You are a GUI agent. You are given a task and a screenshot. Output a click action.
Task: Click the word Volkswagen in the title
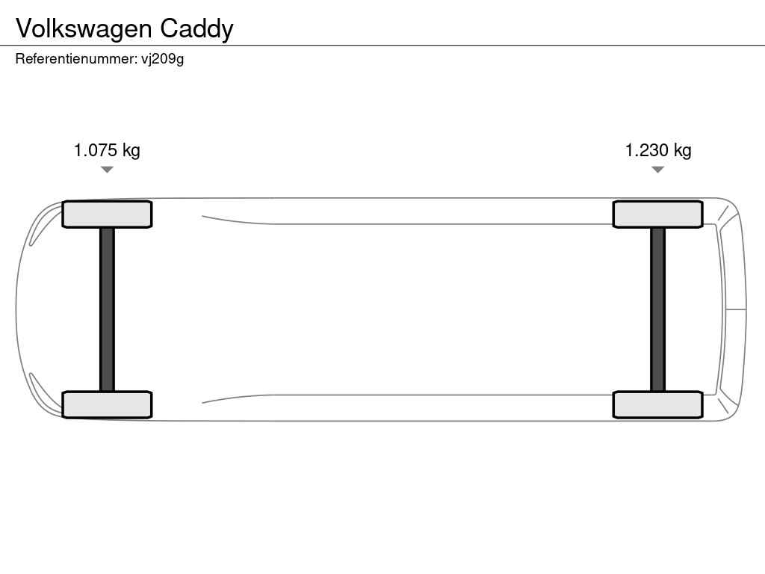[84, 30]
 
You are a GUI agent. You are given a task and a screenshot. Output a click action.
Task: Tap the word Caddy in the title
[196, 30]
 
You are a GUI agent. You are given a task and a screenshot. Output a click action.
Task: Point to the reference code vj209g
[162, 60]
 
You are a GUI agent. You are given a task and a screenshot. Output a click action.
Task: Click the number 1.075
[95, 149]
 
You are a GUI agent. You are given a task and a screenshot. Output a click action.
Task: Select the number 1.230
[646, 149]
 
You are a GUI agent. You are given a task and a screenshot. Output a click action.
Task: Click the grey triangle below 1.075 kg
[107, 170]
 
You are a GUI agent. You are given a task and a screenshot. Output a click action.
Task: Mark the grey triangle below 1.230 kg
[657, 170]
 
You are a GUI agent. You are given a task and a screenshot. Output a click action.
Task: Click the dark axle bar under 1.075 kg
[107, 309]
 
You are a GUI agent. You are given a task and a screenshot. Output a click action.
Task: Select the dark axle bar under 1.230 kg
[657, 309]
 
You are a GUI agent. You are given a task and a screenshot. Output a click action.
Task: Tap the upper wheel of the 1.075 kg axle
[107, 215]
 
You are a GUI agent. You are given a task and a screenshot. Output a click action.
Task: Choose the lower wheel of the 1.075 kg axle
[107, 404]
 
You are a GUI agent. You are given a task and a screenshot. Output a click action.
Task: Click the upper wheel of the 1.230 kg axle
[657, 215]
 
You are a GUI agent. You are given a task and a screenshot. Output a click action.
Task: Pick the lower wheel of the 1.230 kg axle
[657, 404]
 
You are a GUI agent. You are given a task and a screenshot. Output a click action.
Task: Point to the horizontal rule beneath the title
[382, 46]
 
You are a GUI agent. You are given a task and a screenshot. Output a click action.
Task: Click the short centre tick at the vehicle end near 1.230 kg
[736, 309]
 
